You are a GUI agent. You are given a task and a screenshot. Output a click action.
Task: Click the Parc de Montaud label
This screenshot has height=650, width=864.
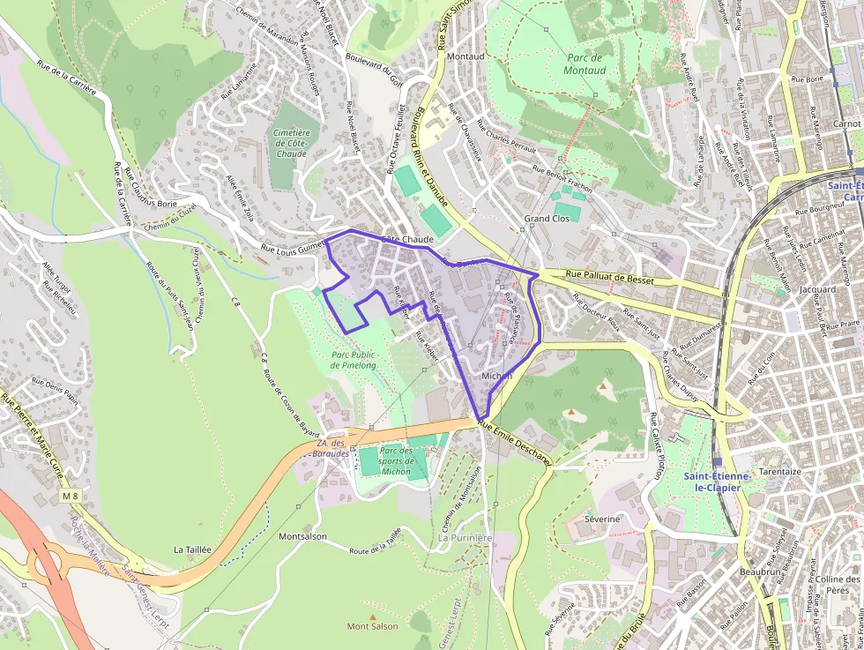pyautogui.click(x=584, y=63)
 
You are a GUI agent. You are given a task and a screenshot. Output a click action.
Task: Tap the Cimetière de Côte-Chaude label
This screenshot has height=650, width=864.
pyautogui.click(x=291, y=143)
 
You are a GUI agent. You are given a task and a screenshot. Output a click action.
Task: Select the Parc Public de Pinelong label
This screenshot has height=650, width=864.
pyautogui.click(x=353, y=359)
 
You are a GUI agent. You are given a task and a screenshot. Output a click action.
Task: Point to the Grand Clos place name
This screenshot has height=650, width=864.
pyautogui.click(x=548, y=218)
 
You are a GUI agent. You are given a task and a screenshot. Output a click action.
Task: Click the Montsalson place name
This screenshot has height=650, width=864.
pyautogui.click(x=302, y=536)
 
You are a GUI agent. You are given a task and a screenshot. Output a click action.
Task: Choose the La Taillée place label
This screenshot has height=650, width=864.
pyautogui.click(x=192, y=549)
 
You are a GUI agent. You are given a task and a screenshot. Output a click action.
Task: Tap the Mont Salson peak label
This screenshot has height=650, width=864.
pyautogui.click(x=372, y=626)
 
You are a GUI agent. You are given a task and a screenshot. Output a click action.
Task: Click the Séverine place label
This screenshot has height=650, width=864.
pyautogui.click(x=602, y=519)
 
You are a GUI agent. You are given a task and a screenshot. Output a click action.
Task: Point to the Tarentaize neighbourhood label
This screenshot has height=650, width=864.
pyautogui.click(x=779, y=472)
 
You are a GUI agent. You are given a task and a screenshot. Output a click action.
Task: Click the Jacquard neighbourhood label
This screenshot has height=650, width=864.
pyautogui.click(x=817, y=289)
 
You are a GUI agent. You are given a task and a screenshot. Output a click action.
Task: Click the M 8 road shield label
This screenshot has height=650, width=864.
pyautogui.click(x=70, y=497)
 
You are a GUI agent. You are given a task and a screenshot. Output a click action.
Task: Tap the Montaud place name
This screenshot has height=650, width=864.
pyautogui.click(x=466, y=56)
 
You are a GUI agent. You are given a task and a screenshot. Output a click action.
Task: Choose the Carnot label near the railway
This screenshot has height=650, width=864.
pyautogui.click(x=846, y=124)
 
